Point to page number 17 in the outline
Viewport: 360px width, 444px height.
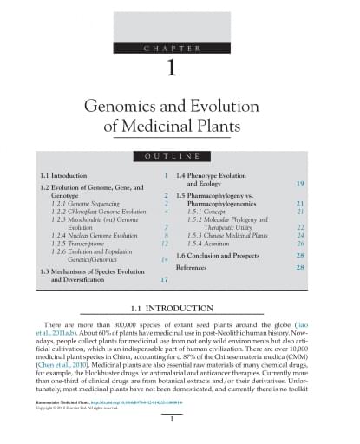point(163,280)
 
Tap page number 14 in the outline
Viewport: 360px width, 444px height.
point(163,260)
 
